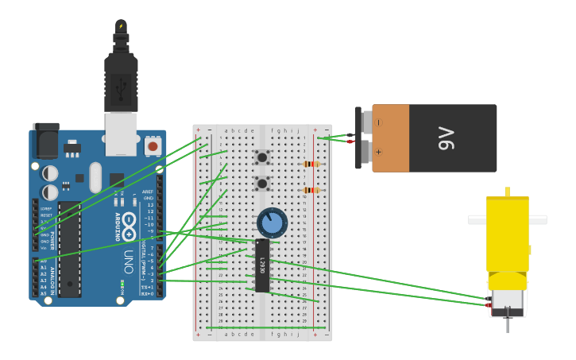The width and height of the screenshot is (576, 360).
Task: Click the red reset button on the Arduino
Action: (153, 146)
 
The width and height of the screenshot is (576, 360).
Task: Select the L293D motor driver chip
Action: (262, 265)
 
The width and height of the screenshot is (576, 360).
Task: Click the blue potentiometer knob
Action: (272, 223)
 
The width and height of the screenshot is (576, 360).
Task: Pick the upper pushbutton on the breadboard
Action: (261, 157)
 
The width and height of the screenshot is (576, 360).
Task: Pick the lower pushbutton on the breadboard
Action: (261, 184)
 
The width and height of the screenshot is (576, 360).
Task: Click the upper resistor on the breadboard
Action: (311, 165)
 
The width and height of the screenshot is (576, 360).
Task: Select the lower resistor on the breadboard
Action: (311, 190)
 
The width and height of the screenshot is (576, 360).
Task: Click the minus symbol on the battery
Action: (378, 122)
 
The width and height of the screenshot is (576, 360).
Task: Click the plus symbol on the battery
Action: (378, 151)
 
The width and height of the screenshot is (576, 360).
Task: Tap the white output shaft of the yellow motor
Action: (507, 219)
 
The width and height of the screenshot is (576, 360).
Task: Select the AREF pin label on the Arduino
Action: (147, 192)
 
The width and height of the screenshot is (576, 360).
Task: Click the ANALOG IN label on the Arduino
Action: (53, 280)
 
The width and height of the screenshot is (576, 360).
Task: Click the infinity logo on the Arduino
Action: (130, 220)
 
